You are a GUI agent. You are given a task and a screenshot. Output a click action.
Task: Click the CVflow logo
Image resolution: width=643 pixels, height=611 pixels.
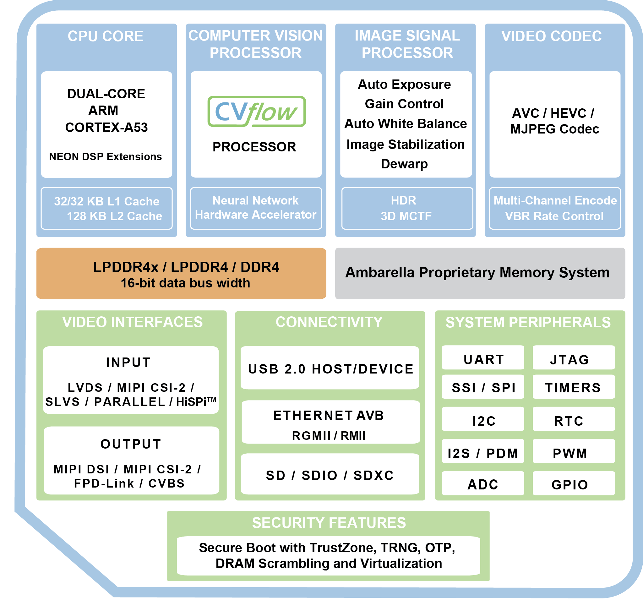(x=256, y=112)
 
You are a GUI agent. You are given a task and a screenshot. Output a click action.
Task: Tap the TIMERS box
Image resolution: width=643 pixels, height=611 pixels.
(x=573, y=387)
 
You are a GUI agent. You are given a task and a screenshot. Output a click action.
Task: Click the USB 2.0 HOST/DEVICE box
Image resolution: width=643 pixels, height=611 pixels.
(x=330, y=368)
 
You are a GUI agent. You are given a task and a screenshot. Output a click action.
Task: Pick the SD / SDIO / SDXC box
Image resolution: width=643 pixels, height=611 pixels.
(x=330, y=474)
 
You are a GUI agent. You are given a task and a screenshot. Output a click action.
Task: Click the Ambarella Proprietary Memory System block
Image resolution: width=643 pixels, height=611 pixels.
(x=480, y=273)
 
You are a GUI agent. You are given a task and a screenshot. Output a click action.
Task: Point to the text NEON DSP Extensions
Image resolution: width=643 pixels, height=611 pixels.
(x=105, y=157)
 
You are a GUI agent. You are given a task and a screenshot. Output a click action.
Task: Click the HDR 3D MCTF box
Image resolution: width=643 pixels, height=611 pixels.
(x=407, y=209)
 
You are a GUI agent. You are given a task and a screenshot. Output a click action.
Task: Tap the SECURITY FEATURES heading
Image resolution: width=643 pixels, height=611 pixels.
(x=329, y=523)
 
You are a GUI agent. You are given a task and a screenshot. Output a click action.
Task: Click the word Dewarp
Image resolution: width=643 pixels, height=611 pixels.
(x=404, y=164)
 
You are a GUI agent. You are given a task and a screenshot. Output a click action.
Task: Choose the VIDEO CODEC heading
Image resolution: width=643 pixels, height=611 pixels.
(x=551, y=36)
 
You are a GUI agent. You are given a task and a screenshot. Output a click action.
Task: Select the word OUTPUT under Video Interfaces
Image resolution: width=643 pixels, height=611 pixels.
(x=131, y=444)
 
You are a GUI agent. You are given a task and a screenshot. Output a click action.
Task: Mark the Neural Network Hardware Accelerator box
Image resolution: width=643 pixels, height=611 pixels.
(x=256, y=209)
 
